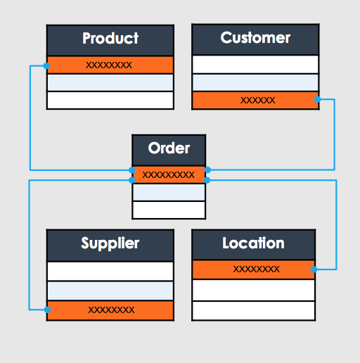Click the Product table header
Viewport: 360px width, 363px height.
(110, 40)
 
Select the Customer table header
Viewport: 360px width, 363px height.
(255, 39)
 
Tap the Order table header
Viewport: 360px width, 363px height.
(169, 151)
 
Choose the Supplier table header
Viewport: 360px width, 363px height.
(110, 246)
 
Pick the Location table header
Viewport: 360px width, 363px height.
(253, 245)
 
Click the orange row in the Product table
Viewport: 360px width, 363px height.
(110, 65)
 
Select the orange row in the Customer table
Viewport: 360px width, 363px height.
(255, 100)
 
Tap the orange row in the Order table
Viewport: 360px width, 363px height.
(169, 174)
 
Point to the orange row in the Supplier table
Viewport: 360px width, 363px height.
(110, 310)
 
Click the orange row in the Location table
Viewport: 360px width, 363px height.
(253, 269)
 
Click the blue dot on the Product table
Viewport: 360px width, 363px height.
(46, 66)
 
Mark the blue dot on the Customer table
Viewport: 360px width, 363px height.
(317, 99)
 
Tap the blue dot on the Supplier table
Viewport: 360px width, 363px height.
(47, 310)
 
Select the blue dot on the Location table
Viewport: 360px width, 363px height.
(314, 269)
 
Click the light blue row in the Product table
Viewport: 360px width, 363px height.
(110, 82)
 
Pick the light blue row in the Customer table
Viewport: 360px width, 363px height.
(255, 82)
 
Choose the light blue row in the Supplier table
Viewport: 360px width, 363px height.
(110, 291)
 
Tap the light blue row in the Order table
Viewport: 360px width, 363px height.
(169, 192)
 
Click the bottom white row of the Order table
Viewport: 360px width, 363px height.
(169, 210)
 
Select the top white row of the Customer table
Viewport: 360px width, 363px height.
(255, 65)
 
